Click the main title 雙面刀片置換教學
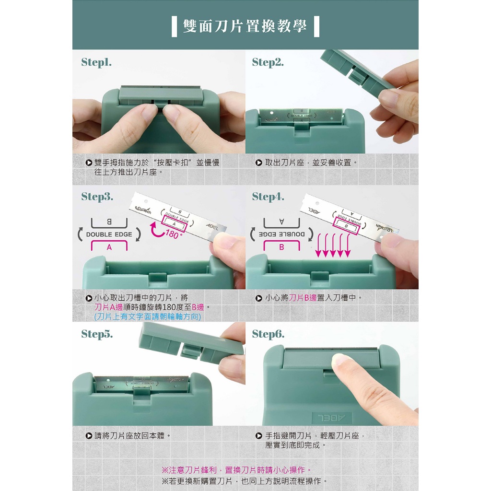click(x=245, y=26)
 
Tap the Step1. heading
click(x=96, y=62)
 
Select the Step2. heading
click(x=268, y=62)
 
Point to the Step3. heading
click(x=97, y=197)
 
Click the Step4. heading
click(x=269, y=197)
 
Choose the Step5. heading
click(x=97, y=334)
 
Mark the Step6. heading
click(x=269, y=334)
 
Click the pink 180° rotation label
click(x=173, y=234)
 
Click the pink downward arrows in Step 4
click(x=333, y=245)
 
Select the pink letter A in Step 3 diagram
click(x=109, y=247)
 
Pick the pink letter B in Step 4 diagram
click(x=281, y=247)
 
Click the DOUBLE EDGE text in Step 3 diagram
click(x=109, y=234)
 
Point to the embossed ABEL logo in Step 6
click(x=332, y=418)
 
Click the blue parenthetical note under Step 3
click(x=148, y=316)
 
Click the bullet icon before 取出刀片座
click(x=258, y=163)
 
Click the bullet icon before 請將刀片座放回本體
click(x=89, y=436)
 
